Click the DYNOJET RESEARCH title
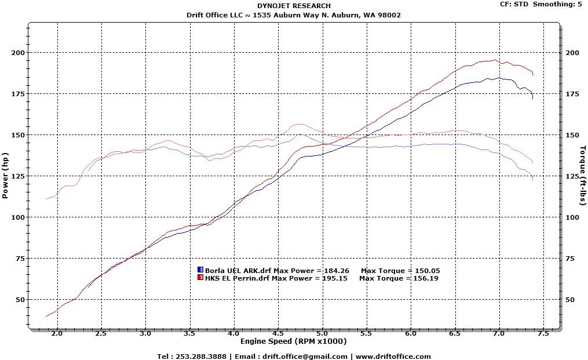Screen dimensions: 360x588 click(x=294, y=6)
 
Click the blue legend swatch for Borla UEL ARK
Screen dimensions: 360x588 click(x=200, y=270)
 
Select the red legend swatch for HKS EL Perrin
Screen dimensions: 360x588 click(x=200, y=278)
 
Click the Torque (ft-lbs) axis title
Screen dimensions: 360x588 click(x=583, y=176)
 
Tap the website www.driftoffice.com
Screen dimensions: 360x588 click(x=394, y=357)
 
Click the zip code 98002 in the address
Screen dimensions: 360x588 click(x=389, y=15)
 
